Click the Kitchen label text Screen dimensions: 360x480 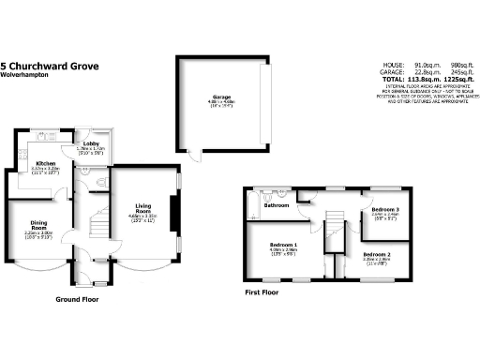pyautogui.click(x=45, y=162)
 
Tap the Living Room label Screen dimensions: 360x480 pyautogui.click(x=143, y=208)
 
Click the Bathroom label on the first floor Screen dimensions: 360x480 pyautogui.click(x=276, y=205)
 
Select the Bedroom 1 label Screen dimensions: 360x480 pyautogui.click(x=284, y=246)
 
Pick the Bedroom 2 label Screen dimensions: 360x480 pyautogui.click(x=376, y=255)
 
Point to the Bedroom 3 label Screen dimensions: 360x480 pyautogui.click(x=385, y=210)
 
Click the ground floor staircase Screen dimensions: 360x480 pyautogui.click(x=93, y=226)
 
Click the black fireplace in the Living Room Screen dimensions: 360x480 pyautogui.click(x=172, y=211)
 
